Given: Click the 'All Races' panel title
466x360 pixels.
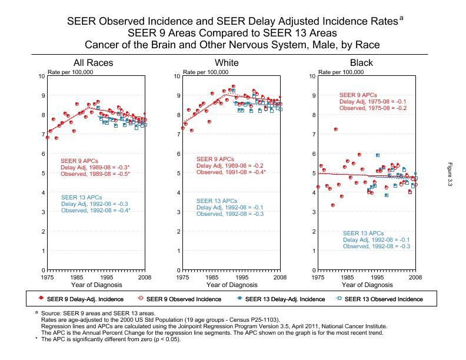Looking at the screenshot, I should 93,63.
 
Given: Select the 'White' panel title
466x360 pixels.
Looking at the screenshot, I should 227,63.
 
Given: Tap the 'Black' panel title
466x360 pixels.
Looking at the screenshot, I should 361,63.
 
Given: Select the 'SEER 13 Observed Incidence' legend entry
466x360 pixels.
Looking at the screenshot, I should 383,299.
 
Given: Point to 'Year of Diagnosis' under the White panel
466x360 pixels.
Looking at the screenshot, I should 229,285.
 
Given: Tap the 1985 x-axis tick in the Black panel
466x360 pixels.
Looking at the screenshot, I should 347,276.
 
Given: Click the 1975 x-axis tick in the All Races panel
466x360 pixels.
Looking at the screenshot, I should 48,276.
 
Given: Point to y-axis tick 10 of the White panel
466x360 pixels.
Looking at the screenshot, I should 177,76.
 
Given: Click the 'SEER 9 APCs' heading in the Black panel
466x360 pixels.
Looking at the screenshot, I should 358,95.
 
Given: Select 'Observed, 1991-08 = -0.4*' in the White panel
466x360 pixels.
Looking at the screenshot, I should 231,172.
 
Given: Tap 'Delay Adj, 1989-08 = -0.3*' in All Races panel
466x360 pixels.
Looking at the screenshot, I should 95,167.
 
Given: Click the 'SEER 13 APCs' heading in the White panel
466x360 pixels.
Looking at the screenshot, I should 216,201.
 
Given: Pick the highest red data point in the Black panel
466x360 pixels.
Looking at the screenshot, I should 336,129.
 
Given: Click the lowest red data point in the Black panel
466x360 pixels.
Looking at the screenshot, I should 333,205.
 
